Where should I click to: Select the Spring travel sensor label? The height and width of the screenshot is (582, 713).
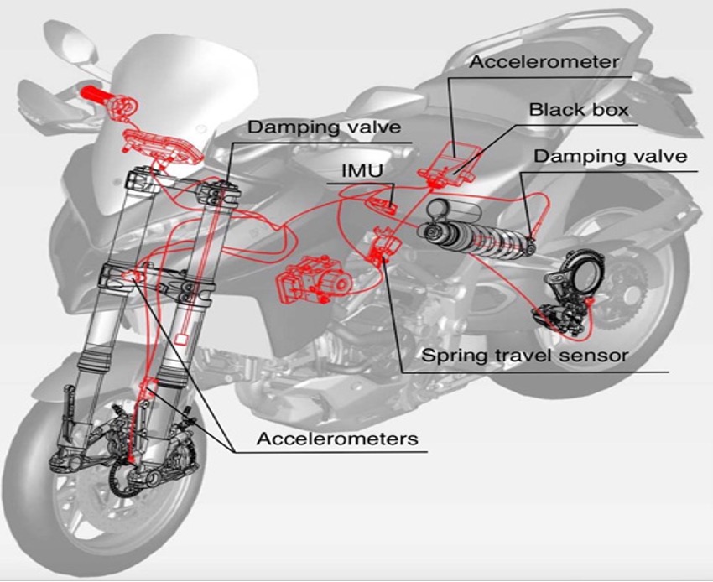[x=524, y=355]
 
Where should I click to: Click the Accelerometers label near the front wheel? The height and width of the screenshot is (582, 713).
[x=337, y=438]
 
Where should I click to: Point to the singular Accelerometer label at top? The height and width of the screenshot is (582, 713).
[x=544, y=61]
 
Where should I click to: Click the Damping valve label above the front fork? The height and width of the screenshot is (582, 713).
[x=325, y=127]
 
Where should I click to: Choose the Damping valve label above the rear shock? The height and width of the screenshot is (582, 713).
[x=610, y=157]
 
